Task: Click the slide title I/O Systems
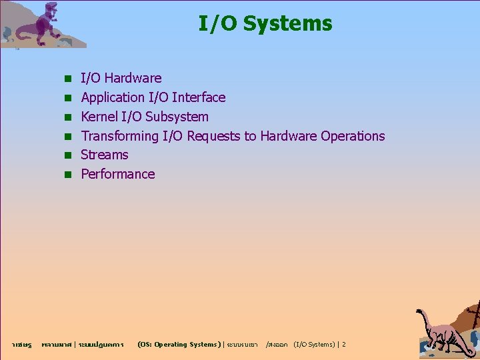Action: tap(265, 24)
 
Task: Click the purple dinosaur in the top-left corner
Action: tap(47, 23)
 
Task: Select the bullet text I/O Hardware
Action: tap(121, 78)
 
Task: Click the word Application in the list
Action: tap(113, 97)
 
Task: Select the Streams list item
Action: tap(104, 155)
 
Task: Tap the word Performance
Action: tap(117, 174)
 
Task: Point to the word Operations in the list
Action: tap(353, 136)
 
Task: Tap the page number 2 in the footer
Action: tap(343, 345)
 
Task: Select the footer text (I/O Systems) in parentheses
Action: tap(314, 345)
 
